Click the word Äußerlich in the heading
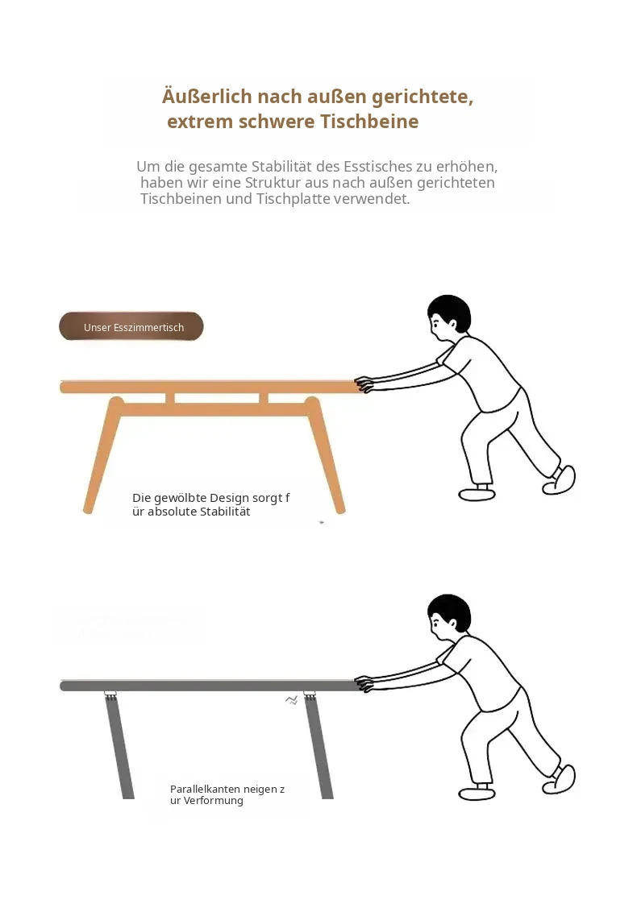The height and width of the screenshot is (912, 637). point(206,97)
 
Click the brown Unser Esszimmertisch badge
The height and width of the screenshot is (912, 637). point(131,326)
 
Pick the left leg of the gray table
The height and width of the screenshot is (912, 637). point(119,746)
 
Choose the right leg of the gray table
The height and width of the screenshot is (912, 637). point(318,746)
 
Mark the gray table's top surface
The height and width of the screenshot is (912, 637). point(211,686)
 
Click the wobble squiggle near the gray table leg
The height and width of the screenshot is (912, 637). point(292,699)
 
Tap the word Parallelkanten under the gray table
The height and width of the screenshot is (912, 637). point(205,790)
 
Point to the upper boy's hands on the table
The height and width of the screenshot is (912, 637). point(364,383)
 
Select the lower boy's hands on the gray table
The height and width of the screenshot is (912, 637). point(364,683)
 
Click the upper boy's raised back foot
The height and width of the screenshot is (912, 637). point(560,480)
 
